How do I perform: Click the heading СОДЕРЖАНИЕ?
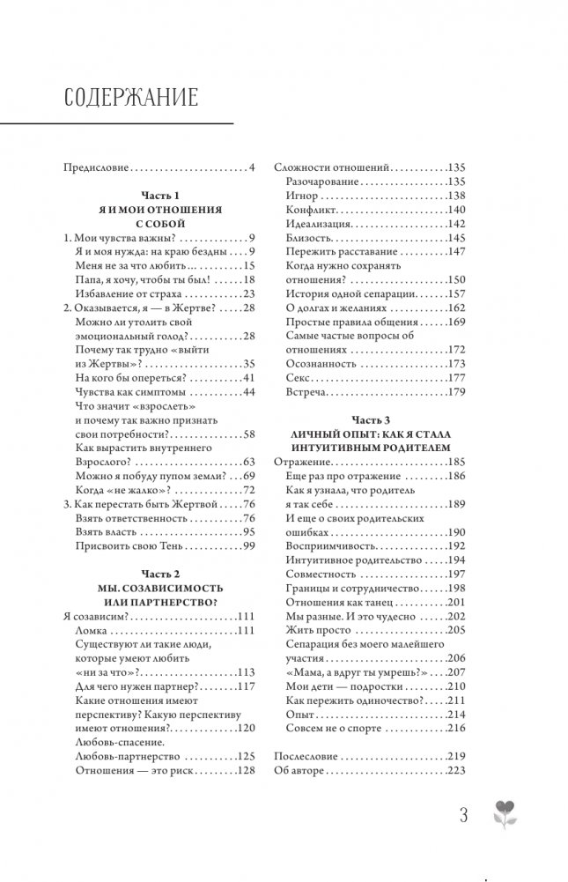click(x=131, y=96)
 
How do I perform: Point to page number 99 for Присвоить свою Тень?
click(x=247, y=546)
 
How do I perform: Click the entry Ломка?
click(x=94, y=631)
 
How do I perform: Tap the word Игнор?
click(x=302, y=196)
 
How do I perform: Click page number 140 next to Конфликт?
click(x=456, y=210)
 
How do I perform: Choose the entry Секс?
click(x=299, y=377)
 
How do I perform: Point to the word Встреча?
click(x=306, y=391)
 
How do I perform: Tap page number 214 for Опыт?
click(x=456, y=715)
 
